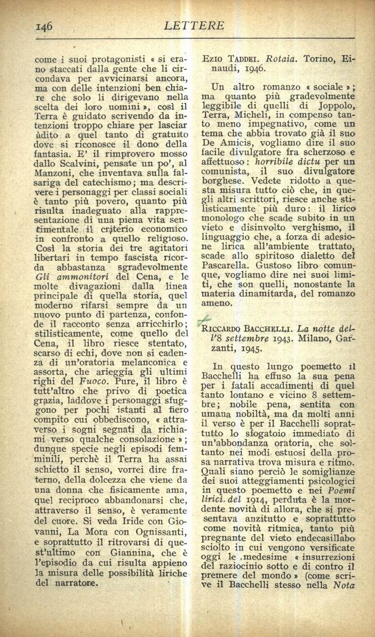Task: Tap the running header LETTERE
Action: tap(187, 25)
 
